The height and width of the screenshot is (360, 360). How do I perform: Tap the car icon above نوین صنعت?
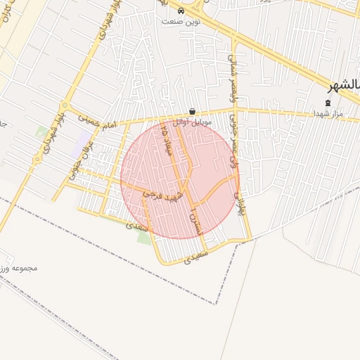coord(181,11)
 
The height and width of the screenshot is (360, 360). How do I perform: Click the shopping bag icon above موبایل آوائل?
coord(193,111)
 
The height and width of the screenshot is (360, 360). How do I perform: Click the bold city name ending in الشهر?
coord(344,85)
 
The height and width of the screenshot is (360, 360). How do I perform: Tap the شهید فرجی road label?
coord(163,195)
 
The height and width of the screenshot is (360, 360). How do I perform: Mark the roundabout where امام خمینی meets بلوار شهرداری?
coord(37,160)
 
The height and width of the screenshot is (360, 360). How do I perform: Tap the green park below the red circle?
coord(143,237)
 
